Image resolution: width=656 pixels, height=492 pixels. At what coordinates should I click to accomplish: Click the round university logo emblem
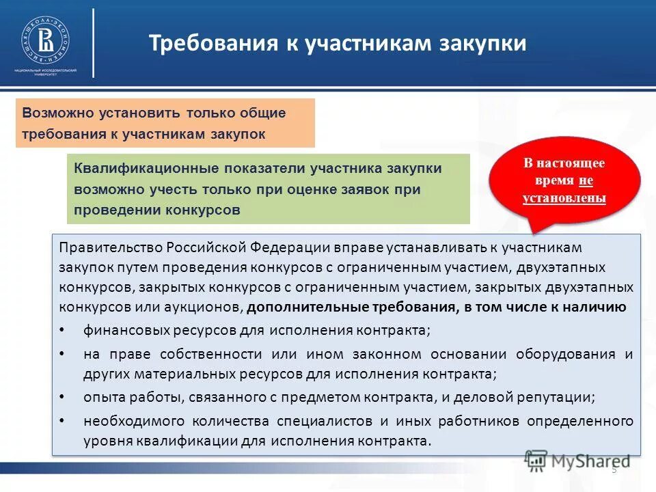pos(46,39)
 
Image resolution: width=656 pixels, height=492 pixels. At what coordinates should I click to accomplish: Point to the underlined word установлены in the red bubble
pos(564,199)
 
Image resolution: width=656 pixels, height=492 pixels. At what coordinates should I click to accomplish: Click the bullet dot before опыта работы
pos(63,396)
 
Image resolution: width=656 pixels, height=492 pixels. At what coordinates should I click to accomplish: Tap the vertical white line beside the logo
pos(93,42)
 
